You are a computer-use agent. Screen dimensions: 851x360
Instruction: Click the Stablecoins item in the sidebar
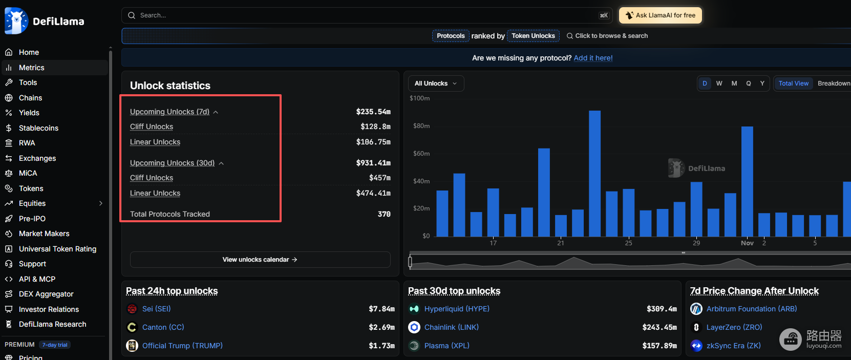pyautogui.click(x=38, y=128)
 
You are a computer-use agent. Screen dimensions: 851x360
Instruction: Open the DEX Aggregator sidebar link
pyautogui.click(x=46, y=294)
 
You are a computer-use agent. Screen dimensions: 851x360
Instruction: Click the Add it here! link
pyautogui.click(x=593, y=58)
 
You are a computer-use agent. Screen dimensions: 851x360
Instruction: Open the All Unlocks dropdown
pyautogui.click(x=436, y=83)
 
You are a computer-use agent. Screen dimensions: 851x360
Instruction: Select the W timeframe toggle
pyautogui.click(x=719, y=83)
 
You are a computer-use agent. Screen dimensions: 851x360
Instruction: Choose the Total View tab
pyautogui.click(x=793, y=83)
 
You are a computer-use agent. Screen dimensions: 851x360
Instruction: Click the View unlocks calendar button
pyautogui.click(x=260, y=259)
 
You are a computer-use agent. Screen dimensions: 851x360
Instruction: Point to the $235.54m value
pyautogui.click(x=373, y=112)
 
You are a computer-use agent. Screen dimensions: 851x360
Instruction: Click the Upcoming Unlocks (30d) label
pyautogui.click(x=172, y=163)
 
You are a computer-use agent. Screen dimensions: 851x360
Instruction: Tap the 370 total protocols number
pyautogui.click(x=384, y=214)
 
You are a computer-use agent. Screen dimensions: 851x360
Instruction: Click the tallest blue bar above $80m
pyautogui.click(x=594, y=174)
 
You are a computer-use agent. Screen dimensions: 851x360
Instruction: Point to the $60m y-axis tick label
pyautogui.click(x=421, y=153)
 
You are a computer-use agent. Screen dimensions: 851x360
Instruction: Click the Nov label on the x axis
pyautogui.click(x=747, y=243)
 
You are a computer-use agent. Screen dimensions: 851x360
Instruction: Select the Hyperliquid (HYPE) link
pyautogui.click(x=457, y=309)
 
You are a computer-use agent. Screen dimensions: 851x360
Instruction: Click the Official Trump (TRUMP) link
pyautogui.click(x=182, y=346)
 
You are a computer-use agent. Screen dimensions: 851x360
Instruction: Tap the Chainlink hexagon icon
pyautogui.click(x=414, y=327)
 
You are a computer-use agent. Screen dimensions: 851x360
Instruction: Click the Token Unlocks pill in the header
pyautogui.click(x=533, y=36)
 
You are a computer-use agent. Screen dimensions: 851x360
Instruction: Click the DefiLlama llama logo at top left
pyautogui.click(x=16, y=21)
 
